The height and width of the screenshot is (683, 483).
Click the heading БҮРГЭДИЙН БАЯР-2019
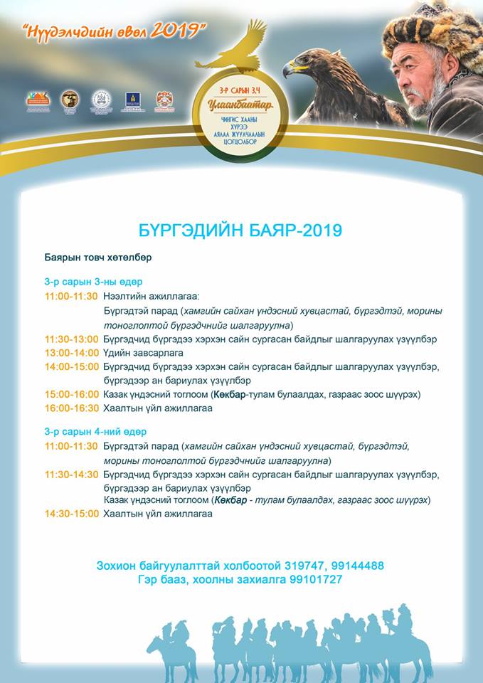click(240, 231)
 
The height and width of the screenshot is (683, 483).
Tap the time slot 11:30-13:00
click(71, 339)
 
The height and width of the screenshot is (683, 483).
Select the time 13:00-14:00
click(71, 353)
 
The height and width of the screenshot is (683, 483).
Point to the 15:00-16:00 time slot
click(71, 394)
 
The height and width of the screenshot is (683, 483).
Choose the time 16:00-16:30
click(71, 408)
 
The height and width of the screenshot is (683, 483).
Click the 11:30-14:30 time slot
click(71, 475)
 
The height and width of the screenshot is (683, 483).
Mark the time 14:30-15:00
click(71, 514)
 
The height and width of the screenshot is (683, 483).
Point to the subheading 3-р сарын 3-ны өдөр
click(93, 282)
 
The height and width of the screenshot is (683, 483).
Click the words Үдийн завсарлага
click(143, 353)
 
